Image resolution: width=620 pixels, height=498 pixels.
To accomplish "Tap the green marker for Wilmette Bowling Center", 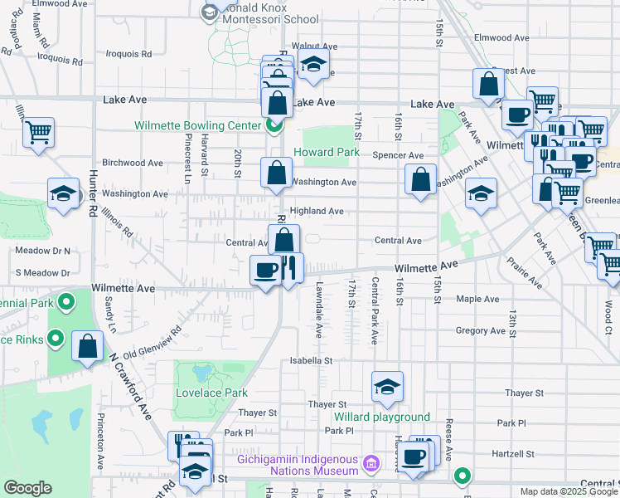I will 272,125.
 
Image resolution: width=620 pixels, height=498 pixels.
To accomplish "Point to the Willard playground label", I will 381,417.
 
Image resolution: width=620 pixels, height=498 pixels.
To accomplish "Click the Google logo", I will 27,488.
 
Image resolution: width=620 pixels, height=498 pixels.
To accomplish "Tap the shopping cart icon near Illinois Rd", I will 38,131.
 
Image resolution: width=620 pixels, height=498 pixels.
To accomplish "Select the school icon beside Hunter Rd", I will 62,194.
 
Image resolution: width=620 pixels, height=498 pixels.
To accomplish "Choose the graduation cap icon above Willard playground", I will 387,386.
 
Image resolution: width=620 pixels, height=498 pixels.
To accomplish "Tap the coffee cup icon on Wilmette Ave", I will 266,270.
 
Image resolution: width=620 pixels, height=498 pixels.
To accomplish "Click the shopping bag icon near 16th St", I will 421,178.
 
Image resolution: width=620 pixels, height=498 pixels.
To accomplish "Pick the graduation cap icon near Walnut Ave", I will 312,65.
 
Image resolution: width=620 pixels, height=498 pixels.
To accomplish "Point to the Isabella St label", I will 310,361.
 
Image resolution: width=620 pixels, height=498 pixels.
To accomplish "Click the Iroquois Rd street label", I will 129,53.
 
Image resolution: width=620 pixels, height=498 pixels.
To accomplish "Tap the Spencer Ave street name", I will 398,155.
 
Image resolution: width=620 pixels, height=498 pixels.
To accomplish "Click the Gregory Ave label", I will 480,330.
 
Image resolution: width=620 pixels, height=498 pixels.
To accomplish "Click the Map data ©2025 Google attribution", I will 568,491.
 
